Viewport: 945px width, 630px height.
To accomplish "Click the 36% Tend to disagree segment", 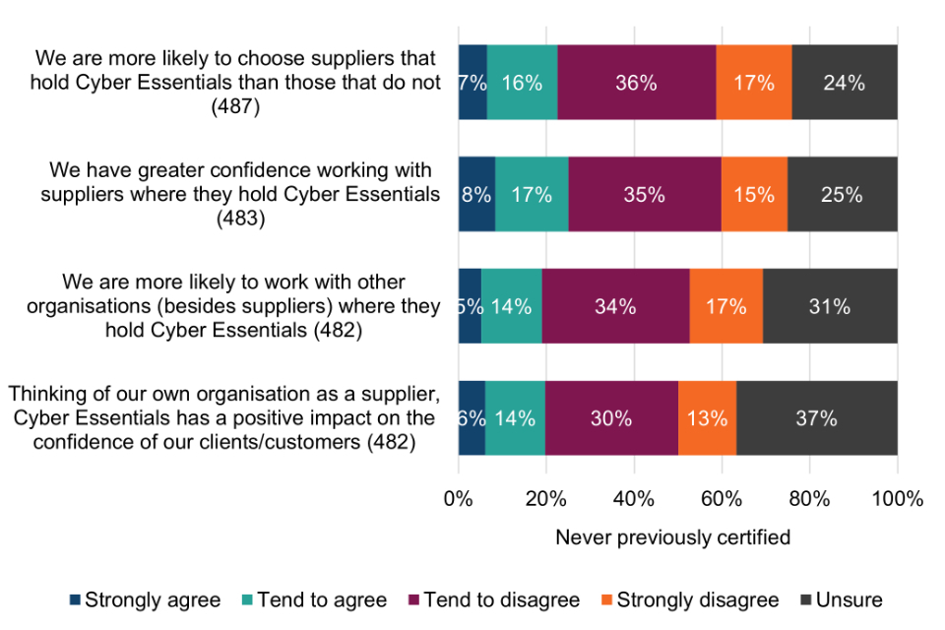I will (636, 83).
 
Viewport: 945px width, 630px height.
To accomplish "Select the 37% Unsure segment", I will (816, 418).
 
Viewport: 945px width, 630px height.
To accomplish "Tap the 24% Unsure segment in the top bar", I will (845, 83).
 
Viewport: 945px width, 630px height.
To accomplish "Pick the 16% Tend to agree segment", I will (522, 83).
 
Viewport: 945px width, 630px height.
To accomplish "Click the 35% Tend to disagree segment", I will (644, 195).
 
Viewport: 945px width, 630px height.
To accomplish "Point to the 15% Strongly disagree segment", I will (754, 195).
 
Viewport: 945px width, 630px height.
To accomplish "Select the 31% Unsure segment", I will (830, 306).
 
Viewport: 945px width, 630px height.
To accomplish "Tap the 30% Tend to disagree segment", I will (611, 418).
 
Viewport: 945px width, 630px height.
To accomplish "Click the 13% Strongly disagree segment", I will (707, 418).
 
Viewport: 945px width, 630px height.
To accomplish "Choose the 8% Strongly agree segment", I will (476, 195).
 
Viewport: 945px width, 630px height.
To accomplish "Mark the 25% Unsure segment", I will (842, 195).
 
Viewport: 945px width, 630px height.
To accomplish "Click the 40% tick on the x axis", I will (634, 498).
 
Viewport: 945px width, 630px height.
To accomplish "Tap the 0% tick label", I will (459, 498).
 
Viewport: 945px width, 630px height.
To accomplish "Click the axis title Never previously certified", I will (672, 537).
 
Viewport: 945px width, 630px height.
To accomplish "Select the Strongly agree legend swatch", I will (76, 599).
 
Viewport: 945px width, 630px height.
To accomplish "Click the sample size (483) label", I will (239, 219).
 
